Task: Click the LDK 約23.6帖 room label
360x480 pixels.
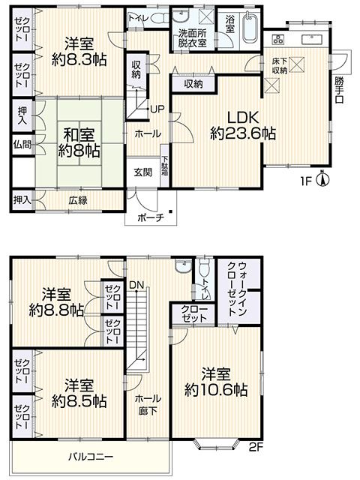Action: coord(242,125)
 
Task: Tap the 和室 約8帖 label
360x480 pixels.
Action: coord(81,142)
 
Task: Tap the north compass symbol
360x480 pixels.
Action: coord(321,178)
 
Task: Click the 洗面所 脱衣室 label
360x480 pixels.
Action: coord(193,39)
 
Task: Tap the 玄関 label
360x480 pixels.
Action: coord(143,172)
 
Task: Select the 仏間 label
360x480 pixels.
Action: coord(22,142)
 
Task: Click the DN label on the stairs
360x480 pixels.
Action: coord(136,285)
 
